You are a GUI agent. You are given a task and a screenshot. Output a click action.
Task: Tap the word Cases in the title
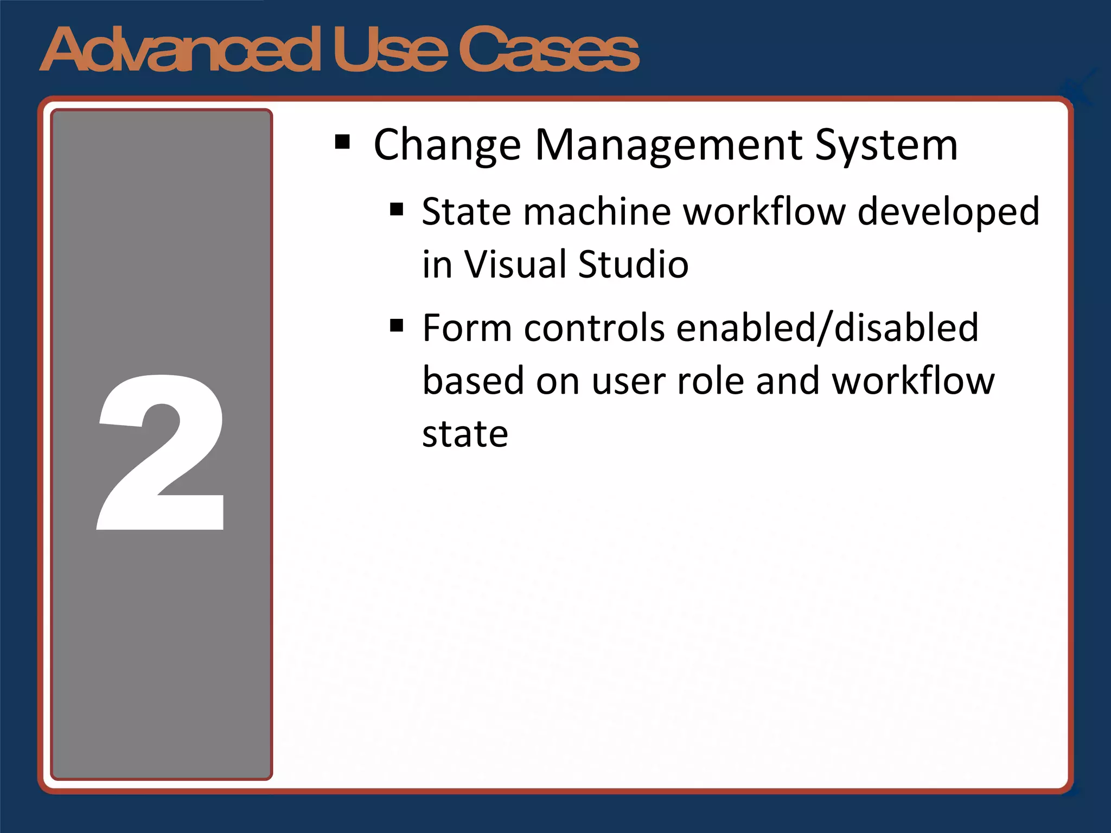[549, 50]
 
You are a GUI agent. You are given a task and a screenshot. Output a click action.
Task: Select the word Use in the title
[391, 50]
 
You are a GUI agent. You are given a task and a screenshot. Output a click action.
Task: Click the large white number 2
[161, 453]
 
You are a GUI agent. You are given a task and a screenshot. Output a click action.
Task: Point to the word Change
[447, 145]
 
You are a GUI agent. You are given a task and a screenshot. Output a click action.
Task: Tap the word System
[886, 145]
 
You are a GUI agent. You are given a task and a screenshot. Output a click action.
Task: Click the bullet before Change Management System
[342, 143]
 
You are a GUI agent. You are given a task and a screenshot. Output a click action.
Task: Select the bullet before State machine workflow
[397, 209]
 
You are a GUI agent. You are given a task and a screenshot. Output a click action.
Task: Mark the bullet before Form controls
[397, 325]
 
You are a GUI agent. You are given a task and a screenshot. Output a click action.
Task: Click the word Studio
[633, 265]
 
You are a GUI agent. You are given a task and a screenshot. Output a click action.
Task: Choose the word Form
[467, 328]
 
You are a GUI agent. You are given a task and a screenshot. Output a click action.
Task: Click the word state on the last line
[465, 434]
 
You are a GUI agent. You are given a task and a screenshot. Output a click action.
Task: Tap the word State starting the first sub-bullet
[466, 212]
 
